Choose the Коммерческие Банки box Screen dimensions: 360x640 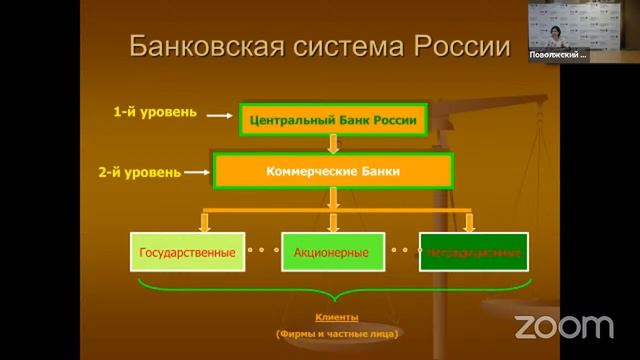click(x=333, y=171)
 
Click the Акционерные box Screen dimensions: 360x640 click(x=331, y=253)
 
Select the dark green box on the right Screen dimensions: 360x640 click(x=474, y=253)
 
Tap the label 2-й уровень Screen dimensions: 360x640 click(x=140, y=172)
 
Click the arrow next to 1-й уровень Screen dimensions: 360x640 click(x=219, y=115)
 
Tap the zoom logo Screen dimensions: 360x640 click(x=563, y=326)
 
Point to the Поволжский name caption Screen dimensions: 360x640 click(x=557, y=55)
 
